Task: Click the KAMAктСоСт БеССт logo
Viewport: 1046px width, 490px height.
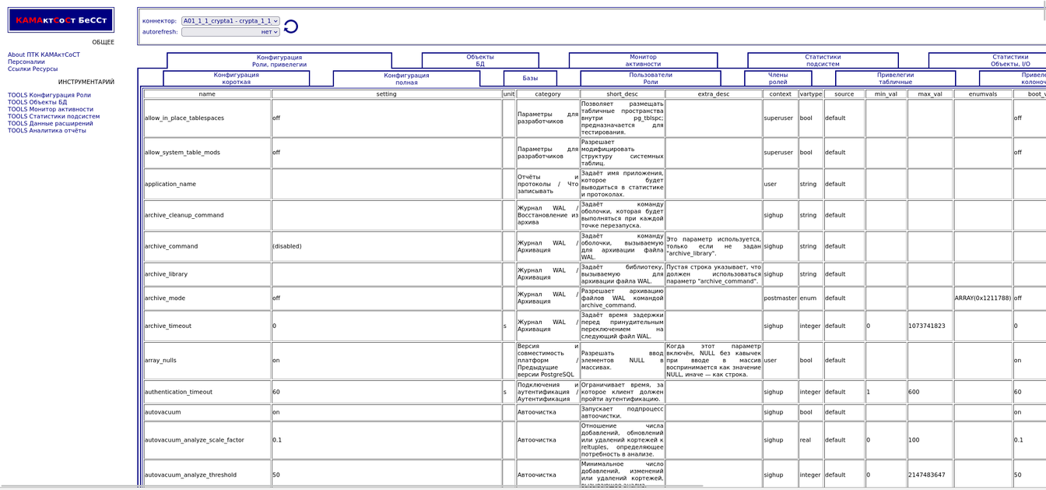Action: (x=61, y=20)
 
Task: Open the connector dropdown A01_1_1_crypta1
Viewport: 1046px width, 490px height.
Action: (x=230, y=21)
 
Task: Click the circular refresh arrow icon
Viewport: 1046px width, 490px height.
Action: (x=291, y=26)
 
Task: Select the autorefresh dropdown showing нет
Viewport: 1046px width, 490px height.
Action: (x=230, y=32)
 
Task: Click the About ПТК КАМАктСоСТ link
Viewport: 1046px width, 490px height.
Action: (x=44, y=55)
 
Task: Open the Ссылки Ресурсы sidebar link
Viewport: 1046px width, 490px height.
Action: (x=33, y=69)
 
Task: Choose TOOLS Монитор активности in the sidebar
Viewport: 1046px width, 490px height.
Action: (x=51, y=109)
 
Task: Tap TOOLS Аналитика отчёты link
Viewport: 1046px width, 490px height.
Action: (x=47, y=130)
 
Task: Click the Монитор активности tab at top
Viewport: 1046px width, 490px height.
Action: (x=643, y=61)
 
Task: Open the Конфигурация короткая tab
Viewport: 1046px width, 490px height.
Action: (x=236, y=79)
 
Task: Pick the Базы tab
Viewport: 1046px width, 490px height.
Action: (x=530, y=79)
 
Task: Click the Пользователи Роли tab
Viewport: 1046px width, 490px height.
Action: (x=650, y=79)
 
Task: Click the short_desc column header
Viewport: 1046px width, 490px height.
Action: (x=622, y=94)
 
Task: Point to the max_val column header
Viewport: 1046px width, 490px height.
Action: (x=930, y=94)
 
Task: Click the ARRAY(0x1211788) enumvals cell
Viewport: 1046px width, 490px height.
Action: (x=983, y=298)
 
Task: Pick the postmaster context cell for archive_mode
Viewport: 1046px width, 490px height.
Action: (x=780, y=298)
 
